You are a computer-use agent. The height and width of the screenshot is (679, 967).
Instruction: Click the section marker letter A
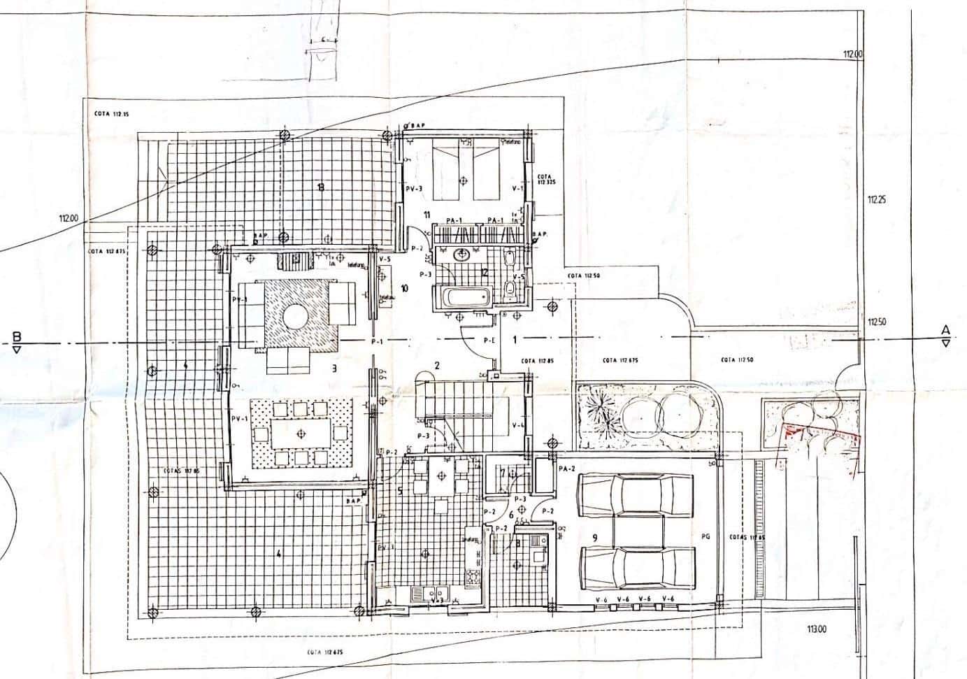945,330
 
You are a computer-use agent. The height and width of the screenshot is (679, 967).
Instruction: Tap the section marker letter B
16,337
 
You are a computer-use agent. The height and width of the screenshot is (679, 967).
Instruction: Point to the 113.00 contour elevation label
816,629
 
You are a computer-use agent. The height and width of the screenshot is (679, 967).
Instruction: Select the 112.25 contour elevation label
877,199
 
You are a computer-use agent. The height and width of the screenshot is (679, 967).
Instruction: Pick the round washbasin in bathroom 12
461,254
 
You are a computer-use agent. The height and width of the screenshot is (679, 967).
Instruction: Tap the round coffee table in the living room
296,317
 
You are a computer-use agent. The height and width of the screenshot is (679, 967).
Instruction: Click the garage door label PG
705,537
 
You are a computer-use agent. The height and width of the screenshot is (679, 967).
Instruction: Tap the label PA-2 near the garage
566,469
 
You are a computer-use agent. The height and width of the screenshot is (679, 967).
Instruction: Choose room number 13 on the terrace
320,187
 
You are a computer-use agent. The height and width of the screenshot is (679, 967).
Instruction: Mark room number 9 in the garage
594,537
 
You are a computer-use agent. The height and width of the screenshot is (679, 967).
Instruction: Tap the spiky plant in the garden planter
599,408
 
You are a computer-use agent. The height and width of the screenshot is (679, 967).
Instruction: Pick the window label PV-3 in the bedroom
415,189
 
